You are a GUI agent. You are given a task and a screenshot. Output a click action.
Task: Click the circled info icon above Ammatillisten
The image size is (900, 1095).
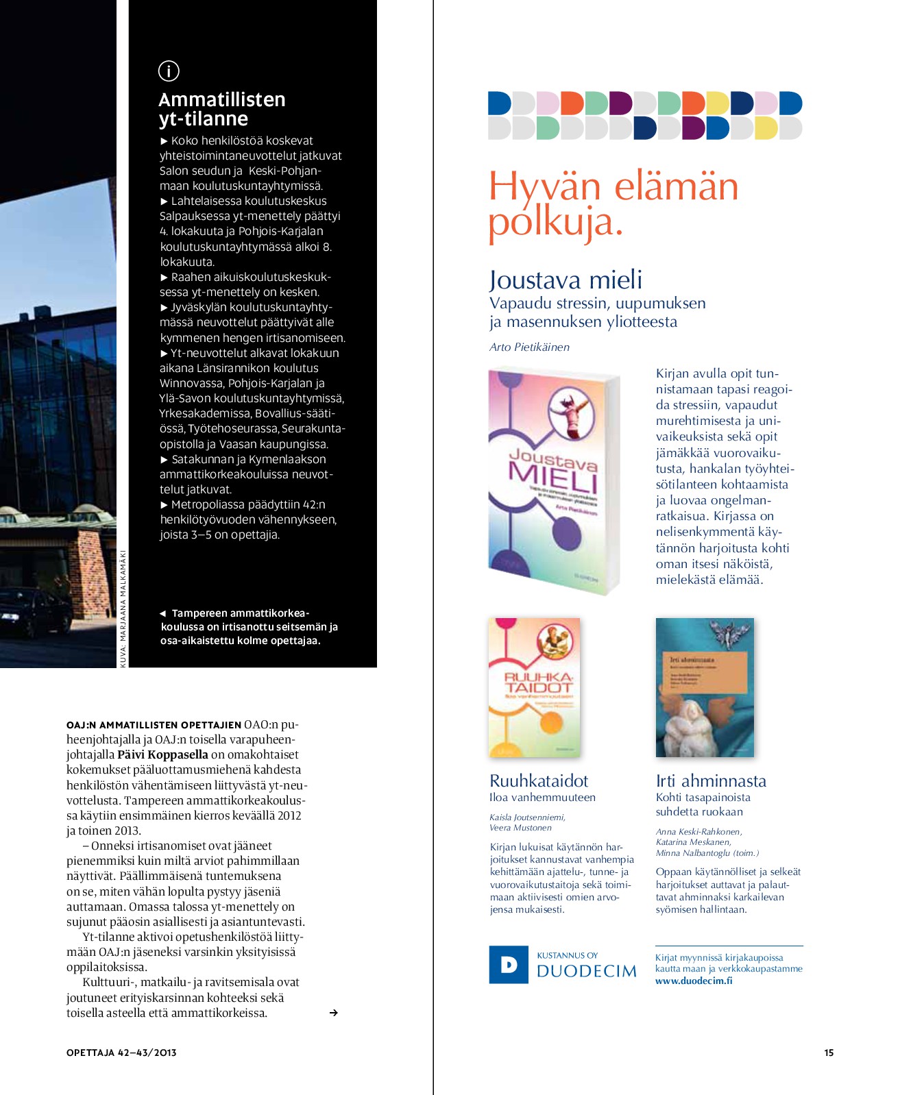pyautogui.click(x=169, y=71)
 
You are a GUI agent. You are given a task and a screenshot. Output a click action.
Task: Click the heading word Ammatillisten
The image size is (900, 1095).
pyautogui.click(x=221, y=100)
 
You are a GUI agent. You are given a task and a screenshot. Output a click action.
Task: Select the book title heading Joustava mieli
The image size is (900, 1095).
pyautogui.click(x=565, y=280)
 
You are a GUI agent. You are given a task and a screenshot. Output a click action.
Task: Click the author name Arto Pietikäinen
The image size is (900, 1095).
pyautogui.click(x=529, y=347)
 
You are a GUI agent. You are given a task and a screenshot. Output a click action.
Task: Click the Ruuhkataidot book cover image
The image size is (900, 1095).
pyautogui.click(x=535, y=687)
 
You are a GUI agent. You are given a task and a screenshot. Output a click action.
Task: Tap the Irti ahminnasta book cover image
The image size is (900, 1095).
pyautogui.click(x=705, y=687)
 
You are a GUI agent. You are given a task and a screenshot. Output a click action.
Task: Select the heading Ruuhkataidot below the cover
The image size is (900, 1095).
pyautogui.click(x=539, y=780)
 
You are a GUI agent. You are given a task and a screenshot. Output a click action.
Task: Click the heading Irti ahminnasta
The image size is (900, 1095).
pyautogui.click(x=711, y=780)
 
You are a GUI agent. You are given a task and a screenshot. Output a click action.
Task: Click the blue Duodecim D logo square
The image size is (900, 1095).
pyautogui.click(x=509, y=965)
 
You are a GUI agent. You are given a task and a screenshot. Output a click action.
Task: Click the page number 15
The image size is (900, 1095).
pyautogui.click(x=829, y=1053)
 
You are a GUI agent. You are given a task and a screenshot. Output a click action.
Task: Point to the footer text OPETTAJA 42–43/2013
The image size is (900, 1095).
pyautogui.click(x=121, y=1053)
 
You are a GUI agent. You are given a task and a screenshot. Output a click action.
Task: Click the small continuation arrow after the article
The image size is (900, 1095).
pyautogui.click(x=334, y=1013)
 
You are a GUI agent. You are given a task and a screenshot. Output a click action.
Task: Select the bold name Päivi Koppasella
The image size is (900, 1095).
pyautogui.click(x=162, y=754)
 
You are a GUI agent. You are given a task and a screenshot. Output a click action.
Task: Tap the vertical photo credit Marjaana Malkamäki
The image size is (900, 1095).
pyautogui.click(x=123, y=608)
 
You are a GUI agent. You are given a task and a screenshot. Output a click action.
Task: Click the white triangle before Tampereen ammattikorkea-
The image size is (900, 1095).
pyautogui.click(x=163, y=613)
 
